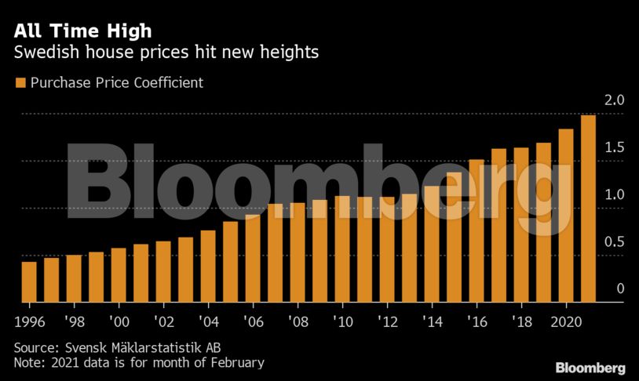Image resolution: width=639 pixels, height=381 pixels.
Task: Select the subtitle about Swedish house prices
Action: pyautogui.click(x=166, y=53)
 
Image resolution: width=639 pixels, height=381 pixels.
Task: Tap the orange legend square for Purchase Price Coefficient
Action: pyautogui.click(x=20, y=82)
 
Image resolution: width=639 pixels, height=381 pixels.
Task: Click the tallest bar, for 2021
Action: pyautogui.click(x=587, y=209)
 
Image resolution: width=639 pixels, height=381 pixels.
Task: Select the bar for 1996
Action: pyautogui.click(x=29, y=281)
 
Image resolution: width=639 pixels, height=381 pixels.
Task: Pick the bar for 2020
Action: pyautogui.click(x=565, y=216)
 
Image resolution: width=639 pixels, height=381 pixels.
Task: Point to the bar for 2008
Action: pyautogui.click(x=298, y=252)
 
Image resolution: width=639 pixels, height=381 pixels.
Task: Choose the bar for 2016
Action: pyautogui.click(x=476, y=230)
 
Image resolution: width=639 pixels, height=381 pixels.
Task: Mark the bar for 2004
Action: pyautogui.click(x=208, y=266)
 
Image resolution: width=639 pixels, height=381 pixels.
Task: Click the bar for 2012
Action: pyautogui.click(x=386, y=249)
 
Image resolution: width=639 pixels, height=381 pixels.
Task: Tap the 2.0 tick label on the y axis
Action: pyautogui.click(x=615, y=100)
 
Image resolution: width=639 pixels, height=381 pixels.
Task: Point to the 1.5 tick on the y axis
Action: pyautogui.click(x=615, y=148)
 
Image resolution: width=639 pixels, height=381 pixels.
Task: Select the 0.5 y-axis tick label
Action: pyautogui.click(x=615, y=242)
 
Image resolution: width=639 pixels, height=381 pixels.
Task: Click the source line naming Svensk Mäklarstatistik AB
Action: pyautogui.click(x=123, y=347)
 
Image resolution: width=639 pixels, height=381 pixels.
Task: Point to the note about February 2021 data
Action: pyautogui.click(x=139, y=362)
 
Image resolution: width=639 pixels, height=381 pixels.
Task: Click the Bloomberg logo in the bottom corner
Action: pyautogui.click(x=590, y=368)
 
